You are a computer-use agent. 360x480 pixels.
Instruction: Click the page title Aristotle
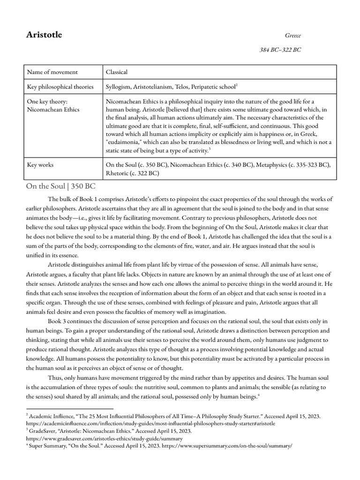tap(43, 35)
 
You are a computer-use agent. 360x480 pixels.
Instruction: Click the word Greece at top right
tap(293, 36)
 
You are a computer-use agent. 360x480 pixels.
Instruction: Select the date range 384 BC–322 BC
tap(280, 50)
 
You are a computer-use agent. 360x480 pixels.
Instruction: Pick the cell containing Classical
tap(117, 72)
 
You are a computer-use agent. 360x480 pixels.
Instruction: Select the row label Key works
tap(40, 165)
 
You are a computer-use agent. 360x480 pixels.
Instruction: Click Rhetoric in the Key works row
tap(120, 173)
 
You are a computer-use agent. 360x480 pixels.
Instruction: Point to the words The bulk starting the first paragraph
tap(61, 199)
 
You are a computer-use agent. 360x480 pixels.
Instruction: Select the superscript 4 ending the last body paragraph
tap(259, 395)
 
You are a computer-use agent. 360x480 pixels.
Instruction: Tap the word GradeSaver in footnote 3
tap(43, 430)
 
